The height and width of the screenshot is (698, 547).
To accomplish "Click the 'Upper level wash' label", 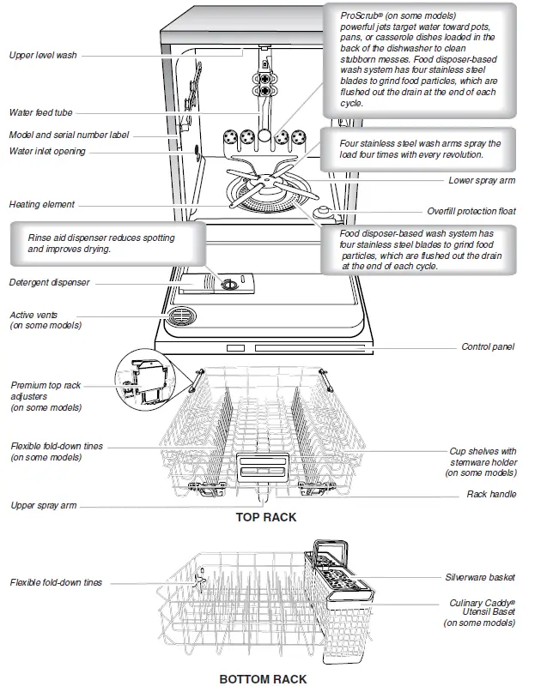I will click(x=42, y=55).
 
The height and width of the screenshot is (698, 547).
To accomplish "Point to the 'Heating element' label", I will click(x=41, y=205).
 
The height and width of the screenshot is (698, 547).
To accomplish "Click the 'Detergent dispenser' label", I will click(x=49, y=282).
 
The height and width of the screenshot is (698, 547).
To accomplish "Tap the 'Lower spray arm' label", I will click(x=482, y=181).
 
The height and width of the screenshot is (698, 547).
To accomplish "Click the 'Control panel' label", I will click(x=487, y=347).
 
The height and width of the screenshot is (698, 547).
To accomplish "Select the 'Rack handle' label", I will click(x=491, y=495).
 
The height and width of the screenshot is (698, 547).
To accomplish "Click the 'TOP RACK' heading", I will click(x=266, y=518).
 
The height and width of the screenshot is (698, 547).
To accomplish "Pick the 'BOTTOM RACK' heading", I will click(x=263, y=679).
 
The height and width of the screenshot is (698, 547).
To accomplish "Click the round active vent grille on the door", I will click(x=182, y=318).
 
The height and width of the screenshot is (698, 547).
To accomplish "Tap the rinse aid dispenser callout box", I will click(x=100, y=243).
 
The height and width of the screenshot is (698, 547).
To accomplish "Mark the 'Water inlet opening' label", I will click(x=47, y=152).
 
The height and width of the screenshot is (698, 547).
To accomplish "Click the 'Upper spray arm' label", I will click(x=43, y=506).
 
